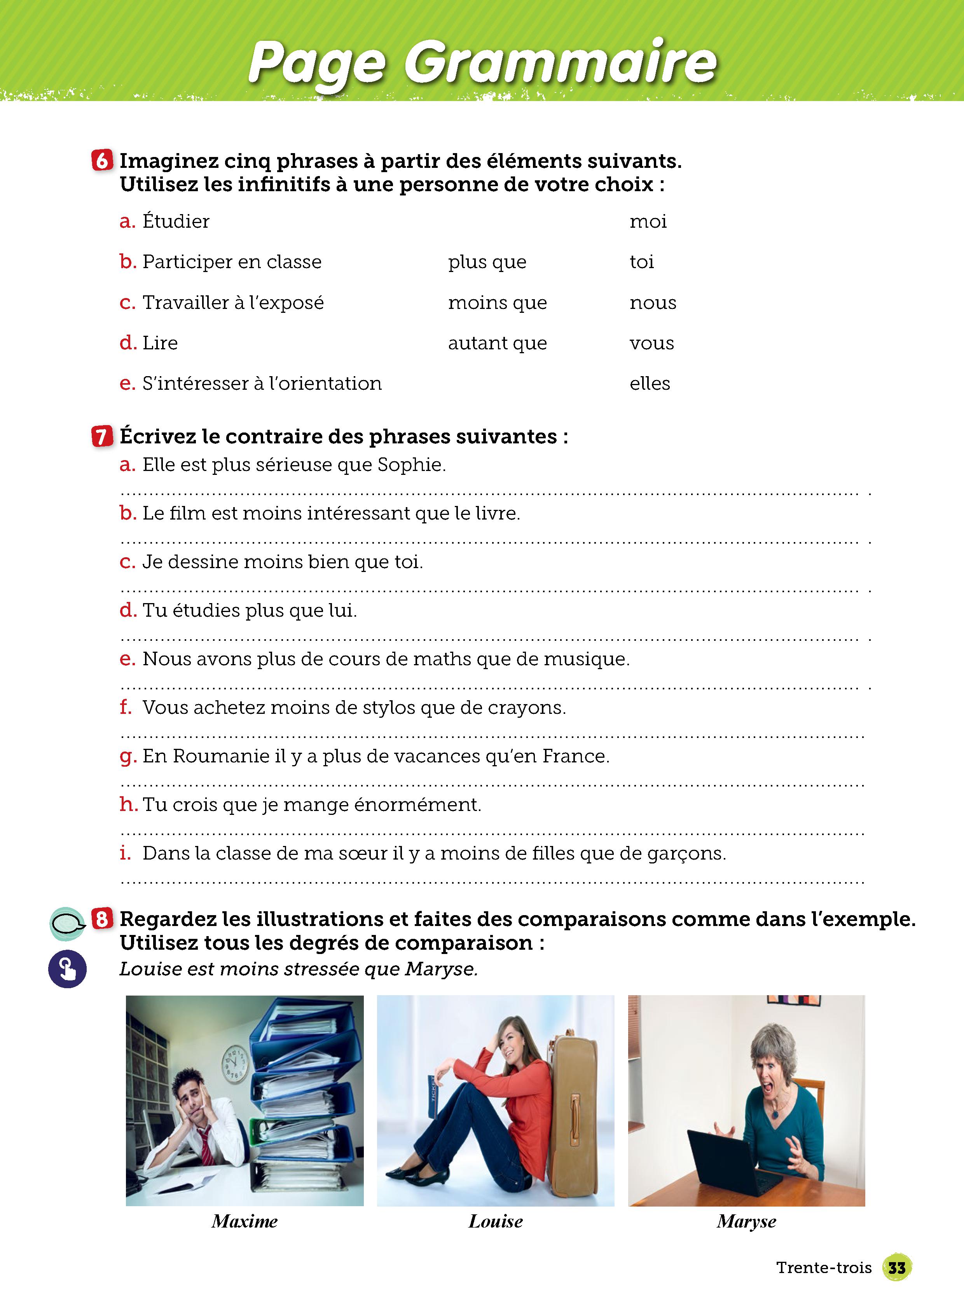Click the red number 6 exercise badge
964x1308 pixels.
point(102,160)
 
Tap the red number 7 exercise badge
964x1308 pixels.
point(102,436)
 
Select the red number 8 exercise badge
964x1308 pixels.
point(102,919)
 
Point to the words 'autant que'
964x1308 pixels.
point(497,343)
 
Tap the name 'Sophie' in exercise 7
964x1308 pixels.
point(411,465)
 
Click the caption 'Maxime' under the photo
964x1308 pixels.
point(244,1221)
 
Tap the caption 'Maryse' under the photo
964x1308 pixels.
point(746,1221)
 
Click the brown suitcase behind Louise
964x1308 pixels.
point(575,1109)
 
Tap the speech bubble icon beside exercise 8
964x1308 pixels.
point(67,923)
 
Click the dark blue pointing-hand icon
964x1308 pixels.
point(67,969)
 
